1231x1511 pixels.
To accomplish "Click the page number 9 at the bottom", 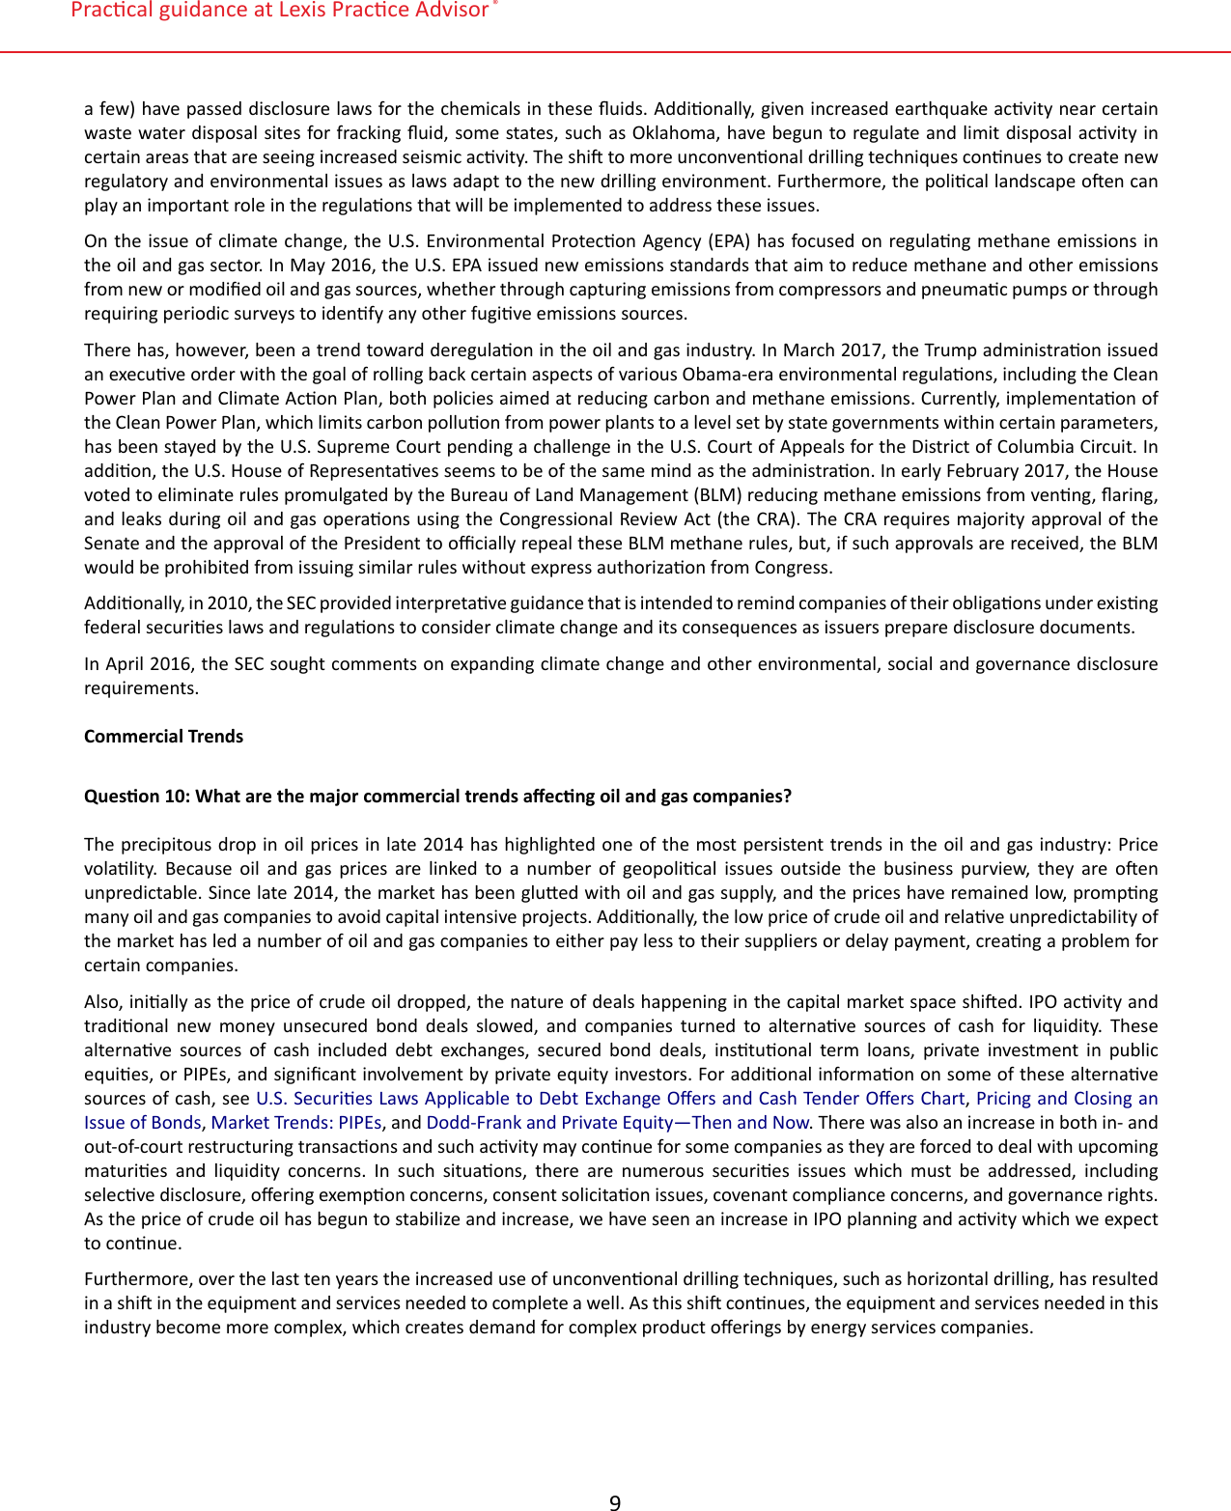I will click(x=615, y=1502).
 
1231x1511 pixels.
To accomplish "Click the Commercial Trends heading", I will click(x=163, y=737).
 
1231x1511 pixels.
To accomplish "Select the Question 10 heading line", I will click(x=437, y=797).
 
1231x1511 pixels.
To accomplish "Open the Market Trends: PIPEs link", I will click(x=295, y=1123).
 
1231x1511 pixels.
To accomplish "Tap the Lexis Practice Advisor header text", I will click(x=280, y=11).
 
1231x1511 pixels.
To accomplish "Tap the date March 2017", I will click(x=832, y=350).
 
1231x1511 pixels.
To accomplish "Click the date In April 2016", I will click(x=139, y=664).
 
